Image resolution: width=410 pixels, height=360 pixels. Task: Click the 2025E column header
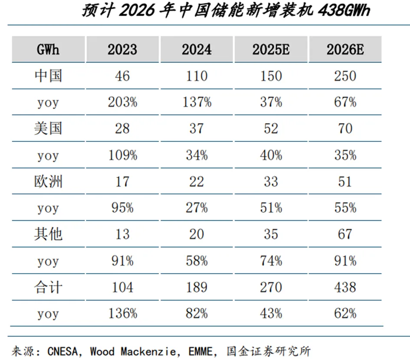pyautogui.click(x=271, y=49)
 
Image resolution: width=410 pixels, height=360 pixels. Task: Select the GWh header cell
pyautogui.click(x=48, y=49)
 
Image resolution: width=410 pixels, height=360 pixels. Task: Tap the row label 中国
pyautogui.click(x=48, y=76)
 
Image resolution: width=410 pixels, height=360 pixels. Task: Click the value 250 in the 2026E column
pyautogui.click(x=345, y=76)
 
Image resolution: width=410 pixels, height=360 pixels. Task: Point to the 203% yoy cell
pyautogui.click(x=122, y=102)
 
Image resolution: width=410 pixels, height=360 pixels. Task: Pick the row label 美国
pyautogui.click(x=48, y=129)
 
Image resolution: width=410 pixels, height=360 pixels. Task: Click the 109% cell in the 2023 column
pyautogui.click(x=122, y=155)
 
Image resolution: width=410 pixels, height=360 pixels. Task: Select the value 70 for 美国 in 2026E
pyautogui.click(x=345, y=129)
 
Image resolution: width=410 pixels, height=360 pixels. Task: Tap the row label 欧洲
pyautogui.click(x=48, y=181)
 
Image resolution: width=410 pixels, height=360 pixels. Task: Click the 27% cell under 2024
pyautogui.click(x=197, y=208)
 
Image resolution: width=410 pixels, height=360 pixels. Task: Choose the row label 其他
pyautogui.click(x=48, y=234)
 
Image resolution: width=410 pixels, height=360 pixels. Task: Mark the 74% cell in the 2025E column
pyautogui.click(x=271, y=261)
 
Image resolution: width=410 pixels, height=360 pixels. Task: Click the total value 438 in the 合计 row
pyautogui.click(x=345, y=287)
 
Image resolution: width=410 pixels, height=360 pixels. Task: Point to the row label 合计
pyautogui.click(x=48, y=287)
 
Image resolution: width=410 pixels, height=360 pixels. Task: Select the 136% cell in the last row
pyautogui.click(x=122, y=314)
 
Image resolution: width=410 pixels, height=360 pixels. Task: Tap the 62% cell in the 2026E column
pyautogui.click(x=345, y=314)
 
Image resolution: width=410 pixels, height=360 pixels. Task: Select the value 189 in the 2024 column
pyautogui.click(x=197, y=287)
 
